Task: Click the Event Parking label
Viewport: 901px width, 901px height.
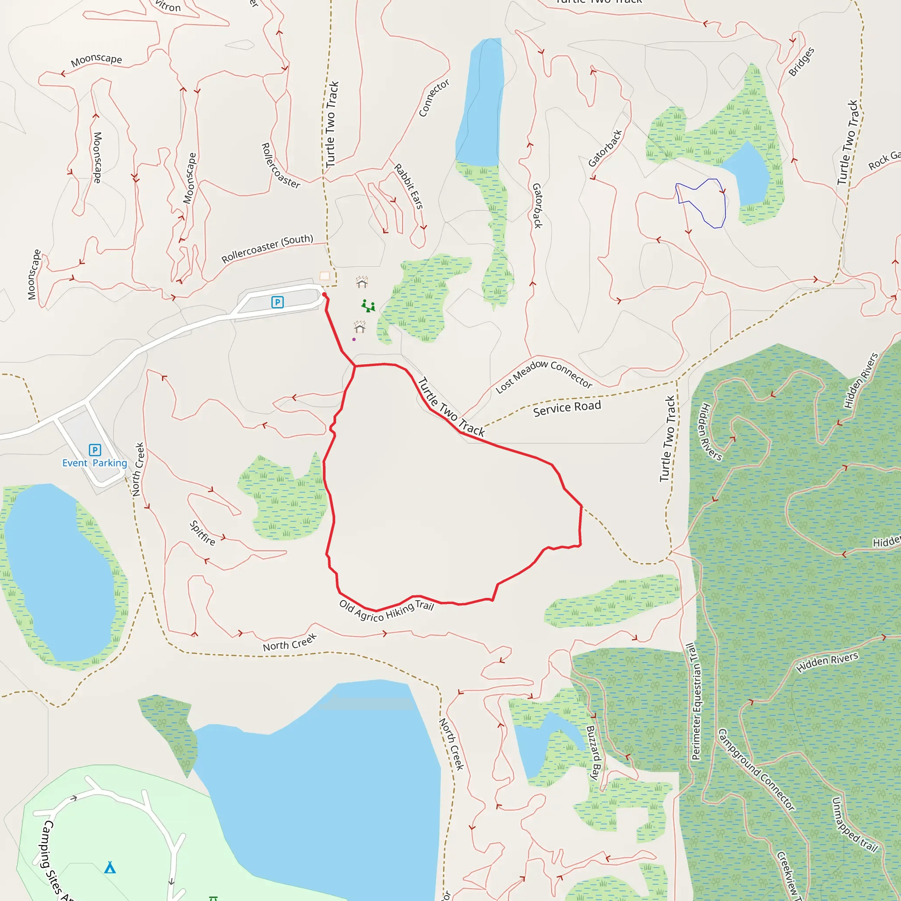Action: click(95, 463)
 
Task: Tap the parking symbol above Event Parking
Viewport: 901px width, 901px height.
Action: click(95, 450)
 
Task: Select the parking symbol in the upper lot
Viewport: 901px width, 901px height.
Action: click(278, 302)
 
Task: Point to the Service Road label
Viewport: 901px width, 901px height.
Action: click(567, 408)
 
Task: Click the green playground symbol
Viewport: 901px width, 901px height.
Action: click(368, 306)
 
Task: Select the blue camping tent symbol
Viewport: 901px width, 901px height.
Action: click(110, 867)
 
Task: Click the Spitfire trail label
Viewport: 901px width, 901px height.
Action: click(202, 533)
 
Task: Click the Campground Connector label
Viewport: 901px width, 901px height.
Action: click(756, 770)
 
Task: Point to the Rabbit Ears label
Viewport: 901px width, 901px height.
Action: click(409, 186)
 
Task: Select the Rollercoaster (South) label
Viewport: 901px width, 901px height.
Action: click(267, 249)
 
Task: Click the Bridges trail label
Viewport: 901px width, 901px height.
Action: click(801, 62)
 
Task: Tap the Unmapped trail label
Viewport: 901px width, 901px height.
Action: click(855, 824)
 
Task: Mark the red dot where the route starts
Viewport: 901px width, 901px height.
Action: click(325, 295)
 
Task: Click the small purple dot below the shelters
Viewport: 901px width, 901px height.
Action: click(354, 340)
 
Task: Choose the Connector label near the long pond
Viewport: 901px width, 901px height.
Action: click(434, 98)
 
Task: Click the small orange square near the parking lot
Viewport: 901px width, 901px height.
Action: click(325, 276)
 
